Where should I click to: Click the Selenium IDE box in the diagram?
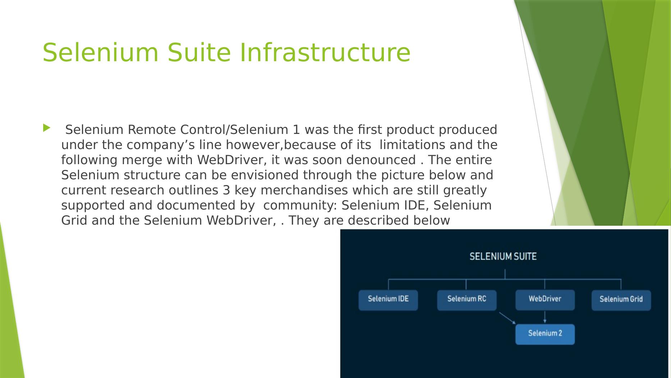388,300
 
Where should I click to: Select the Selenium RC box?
467,300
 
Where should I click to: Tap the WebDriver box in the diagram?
545,300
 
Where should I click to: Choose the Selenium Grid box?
621,300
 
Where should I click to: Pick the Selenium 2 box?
545,334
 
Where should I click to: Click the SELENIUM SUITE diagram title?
503,257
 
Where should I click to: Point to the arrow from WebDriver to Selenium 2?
545,317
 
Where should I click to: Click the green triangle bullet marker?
47,128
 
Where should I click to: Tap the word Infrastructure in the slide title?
325,53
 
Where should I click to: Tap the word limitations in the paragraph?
409,145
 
